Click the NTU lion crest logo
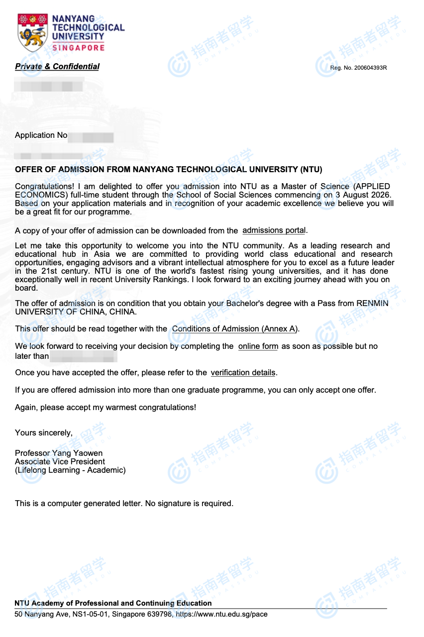(33, 33)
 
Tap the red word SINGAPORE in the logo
(79, 48)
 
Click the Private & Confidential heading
(57, 67)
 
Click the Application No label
(41, 135)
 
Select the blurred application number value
(91, 136)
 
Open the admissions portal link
(274, 230)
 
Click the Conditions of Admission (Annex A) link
(235, 329)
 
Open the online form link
(258, 346)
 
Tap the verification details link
(243, 373)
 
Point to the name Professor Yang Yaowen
(59, 453)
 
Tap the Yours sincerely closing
(44, 433)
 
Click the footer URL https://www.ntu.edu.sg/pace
(221, 614)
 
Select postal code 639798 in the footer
(160, 614)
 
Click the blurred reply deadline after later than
(84, 356)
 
